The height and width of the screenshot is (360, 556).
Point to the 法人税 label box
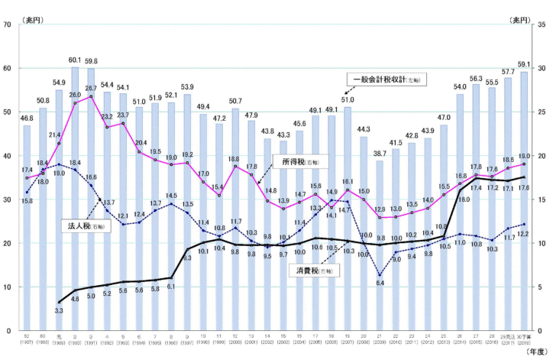click(x=82, y=226)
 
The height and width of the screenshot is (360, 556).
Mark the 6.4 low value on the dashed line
click(x=380, y=284)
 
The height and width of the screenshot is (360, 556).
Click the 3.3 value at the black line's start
click(x=59, y=310)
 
